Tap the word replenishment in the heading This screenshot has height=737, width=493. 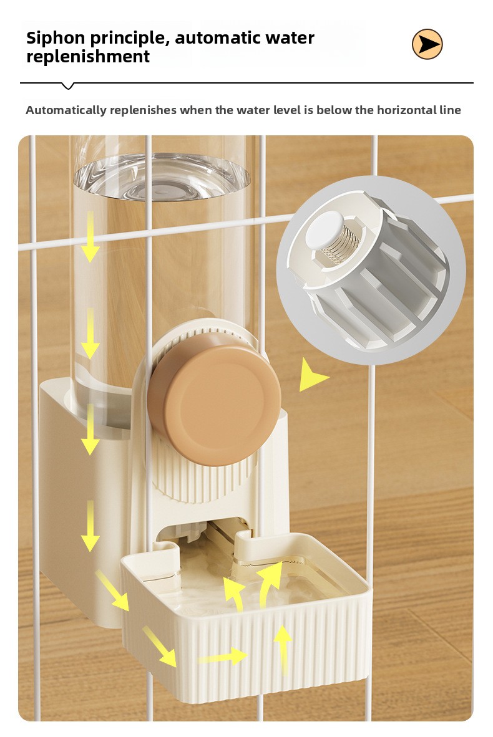pos(88,57)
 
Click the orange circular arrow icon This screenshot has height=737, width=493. pos(427,44)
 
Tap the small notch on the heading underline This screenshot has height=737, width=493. pos(68,86)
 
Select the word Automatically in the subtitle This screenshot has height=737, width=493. pos(66,110)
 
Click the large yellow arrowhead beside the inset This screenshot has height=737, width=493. pos(311,375)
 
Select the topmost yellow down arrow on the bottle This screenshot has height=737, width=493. pos(90,236)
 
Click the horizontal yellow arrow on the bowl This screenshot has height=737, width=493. pos(223,656)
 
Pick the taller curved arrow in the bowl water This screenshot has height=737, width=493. pos(269,584)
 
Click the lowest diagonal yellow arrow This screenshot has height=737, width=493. pos(160,646)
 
